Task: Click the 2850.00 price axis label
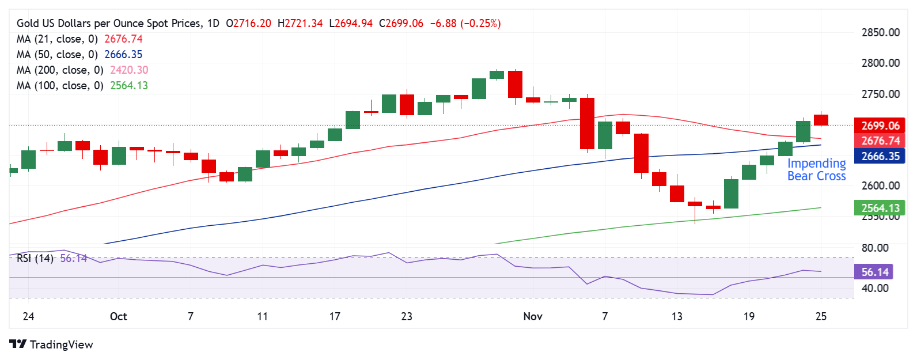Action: coord(880,32)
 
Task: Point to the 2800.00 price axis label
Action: coord(880,63)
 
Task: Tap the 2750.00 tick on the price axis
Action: coord(880,94)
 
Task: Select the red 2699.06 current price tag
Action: coord(880,126)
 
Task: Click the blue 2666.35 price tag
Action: coord(880,156)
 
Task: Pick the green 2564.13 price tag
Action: coord(880,208)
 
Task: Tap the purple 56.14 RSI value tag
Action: coord(875,272)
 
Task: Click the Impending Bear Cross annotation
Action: coord(816,170)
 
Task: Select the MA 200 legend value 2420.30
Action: coord(129,70)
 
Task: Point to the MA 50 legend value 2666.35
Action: coord(123,55)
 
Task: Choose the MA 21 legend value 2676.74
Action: coord(123,39)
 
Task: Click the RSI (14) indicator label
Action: coord(35,259)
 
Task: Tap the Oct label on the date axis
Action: coord(118,316)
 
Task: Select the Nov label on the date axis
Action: coord(533,316)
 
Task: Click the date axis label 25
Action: coord(821,316)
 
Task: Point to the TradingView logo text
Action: coord(61,344)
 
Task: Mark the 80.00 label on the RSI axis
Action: coord(874,248)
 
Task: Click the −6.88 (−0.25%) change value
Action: coord(465,24)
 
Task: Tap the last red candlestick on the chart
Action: coord(821,120)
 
